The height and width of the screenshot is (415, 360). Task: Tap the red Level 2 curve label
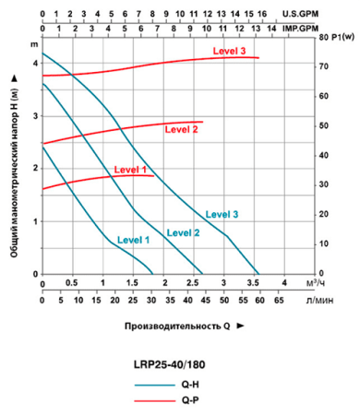182,130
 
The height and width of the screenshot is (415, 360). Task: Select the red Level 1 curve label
130,170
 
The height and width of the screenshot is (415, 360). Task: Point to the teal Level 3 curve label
222,214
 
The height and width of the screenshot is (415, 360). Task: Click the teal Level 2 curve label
183,232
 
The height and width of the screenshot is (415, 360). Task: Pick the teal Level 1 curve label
133,240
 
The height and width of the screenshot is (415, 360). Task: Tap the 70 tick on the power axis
321,67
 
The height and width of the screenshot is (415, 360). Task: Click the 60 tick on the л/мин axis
258,301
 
